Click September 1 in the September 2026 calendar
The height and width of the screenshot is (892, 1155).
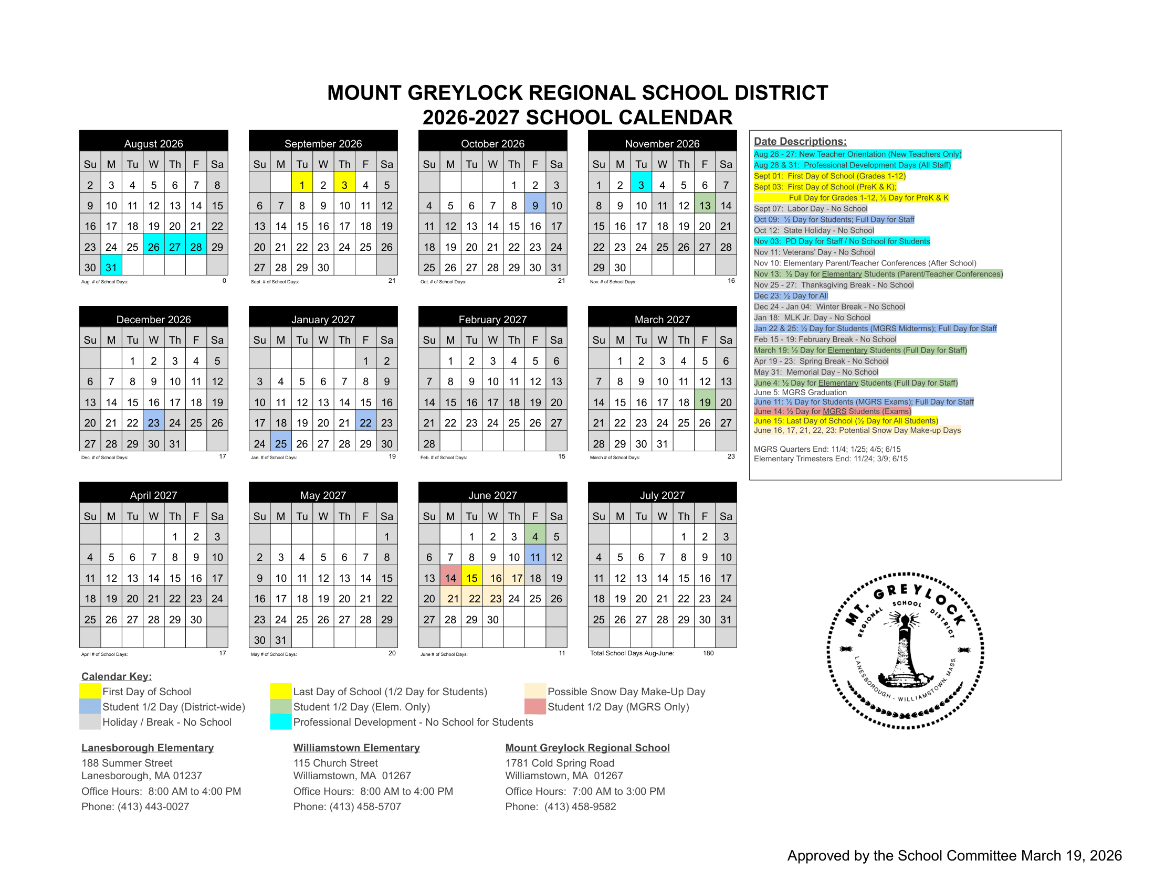301,185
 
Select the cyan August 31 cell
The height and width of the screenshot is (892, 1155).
111,268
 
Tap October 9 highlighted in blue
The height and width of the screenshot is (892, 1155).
535,206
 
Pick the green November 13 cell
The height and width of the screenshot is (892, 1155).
705,206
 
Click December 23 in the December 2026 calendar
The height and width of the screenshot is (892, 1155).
153,423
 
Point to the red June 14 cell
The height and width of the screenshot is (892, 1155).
450,578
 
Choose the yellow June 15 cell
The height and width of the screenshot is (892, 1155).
471,578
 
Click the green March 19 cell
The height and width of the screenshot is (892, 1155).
705,402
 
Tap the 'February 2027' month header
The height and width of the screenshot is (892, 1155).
492,319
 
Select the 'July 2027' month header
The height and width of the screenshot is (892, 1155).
662,495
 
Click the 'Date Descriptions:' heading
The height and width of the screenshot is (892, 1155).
800,142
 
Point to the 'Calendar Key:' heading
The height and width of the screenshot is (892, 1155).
117,676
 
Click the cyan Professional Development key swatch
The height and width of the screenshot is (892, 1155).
280,722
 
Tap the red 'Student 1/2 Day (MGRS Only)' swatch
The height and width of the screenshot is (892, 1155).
534,707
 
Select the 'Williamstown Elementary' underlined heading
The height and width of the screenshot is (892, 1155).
356,748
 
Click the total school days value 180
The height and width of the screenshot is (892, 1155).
708,653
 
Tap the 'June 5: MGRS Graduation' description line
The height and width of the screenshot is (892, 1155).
800,392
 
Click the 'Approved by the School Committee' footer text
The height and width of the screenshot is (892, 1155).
954,856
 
